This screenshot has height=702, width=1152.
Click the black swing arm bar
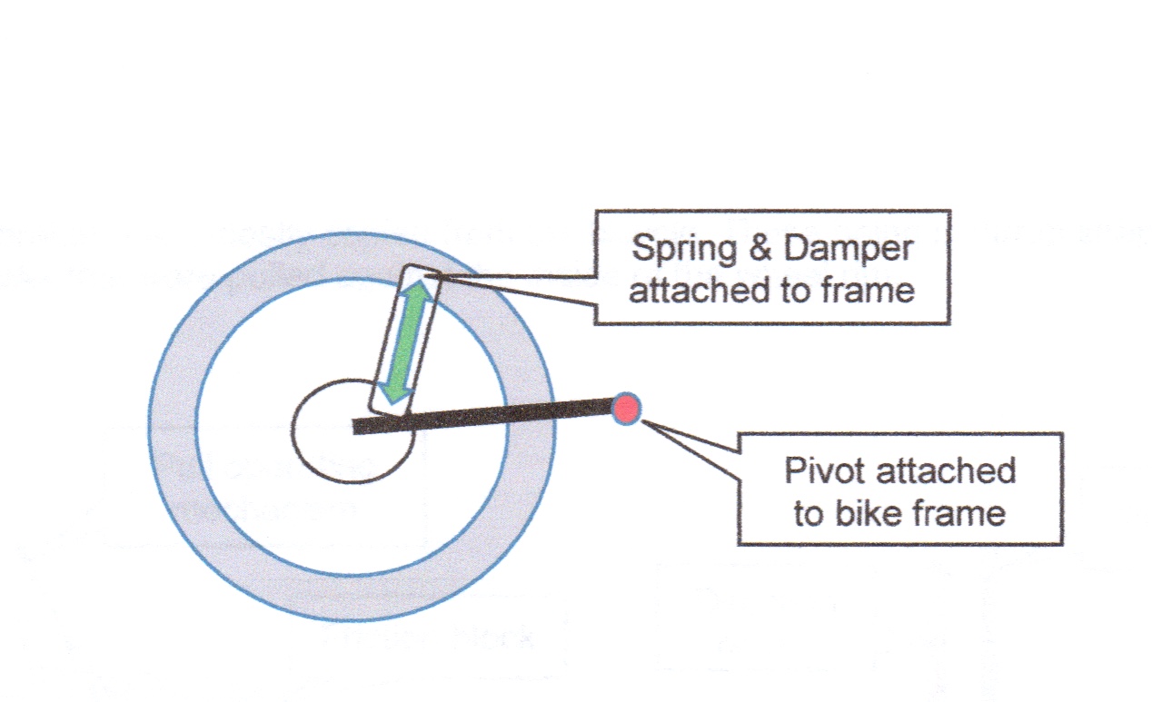coord(491,416)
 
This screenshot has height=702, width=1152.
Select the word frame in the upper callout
coord(870,290)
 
